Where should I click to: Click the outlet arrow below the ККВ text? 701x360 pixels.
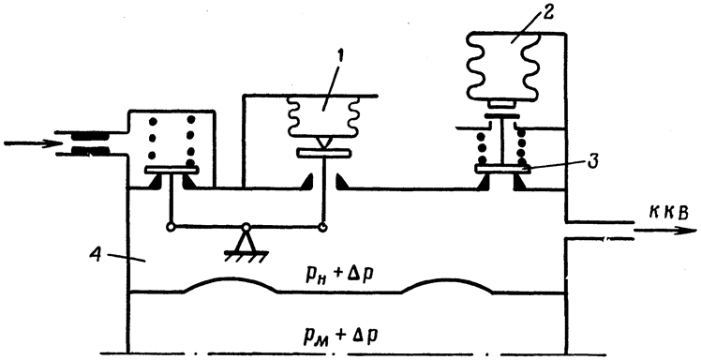(665, 231)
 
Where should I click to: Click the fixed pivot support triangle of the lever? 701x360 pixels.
(246, 242)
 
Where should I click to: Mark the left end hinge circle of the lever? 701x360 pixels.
(170, 227)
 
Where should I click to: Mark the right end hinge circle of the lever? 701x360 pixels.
(321, 227)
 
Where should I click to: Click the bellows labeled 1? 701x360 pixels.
(322, 117)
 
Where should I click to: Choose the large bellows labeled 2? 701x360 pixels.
(502, 67)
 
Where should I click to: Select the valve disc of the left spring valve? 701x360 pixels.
(172, 170)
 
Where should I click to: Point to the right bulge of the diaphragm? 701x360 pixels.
(447, 282)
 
